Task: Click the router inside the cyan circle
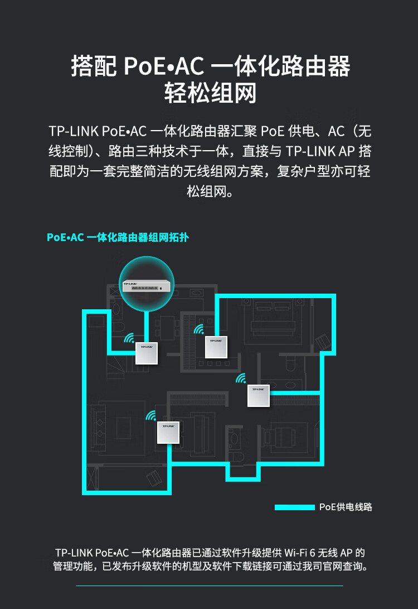tap(146, 285)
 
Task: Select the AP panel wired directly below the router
tap(147, 353)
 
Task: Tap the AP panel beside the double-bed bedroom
tap(216, 347)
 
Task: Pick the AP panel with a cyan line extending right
tap(258, 395)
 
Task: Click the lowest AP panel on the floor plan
tap(168, 432)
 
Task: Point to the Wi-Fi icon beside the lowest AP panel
tap(151, 415)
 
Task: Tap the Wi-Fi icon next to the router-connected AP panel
tap(129, 338)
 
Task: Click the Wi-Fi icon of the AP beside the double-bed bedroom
tap(200, 329)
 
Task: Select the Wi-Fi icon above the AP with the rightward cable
tap(241, 378)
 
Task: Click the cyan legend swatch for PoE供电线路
tap(295, 507)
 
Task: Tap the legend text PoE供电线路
tap(346, 507)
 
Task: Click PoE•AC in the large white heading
tap(164, 66)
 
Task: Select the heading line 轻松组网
tap(210, 93)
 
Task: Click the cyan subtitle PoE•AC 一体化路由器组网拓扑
tap(118, 237)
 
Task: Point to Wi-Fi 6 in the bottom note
tap(300, 553)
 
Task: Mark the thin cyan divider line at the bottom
tap(210, 586)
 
